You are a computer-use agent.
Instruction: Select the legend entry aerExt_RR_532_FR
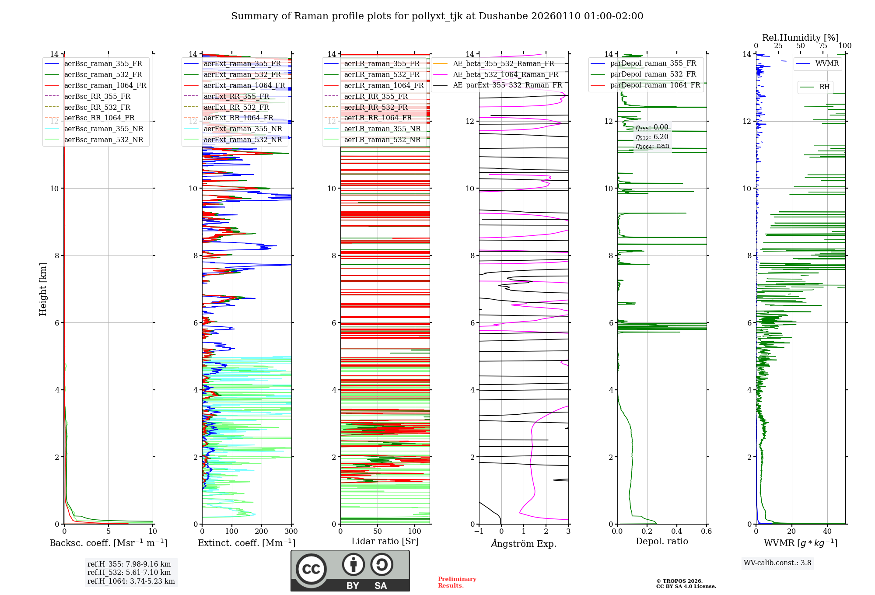point(236,107)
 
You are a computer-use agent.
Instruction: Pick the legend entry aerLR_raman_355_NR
point(382,129)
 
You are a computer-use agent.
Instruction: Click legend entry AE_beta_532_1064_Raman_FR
point(505,74)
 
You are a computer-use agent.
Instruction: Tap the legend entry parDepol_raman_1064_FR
point(655,85)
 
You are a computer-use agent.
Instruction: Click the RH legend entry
point(824,87)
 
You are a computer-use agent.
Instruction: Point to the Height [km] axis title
point(43,289)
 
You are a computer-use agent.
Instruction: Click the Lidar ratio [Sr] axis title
point(385,541)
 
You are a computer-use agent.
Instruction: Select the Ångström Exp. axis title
point(524,543)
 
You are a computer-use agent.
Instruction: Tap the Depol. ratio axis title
point(662,541)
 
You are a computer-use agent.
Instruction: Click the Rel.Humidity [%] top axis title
point(800,38)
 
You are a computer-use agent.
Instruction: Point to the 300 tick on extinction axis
point(291,532)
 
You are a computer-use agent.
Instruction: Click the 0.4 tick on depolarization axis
point(677,532)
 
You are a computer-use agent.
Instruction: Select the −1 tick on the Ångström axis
point(479,532)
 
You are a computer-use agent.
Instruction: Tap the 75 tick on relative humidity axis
point(822,46)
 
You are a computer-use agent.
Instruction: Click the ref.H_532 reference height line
point(129,572)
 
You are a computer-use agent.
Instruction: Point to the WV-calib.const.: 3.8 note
point(777,563)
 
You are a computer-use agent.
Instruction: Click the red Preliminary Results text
point(457,582)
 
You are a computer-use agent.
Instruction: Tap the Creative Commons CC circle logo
point(311,569)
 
